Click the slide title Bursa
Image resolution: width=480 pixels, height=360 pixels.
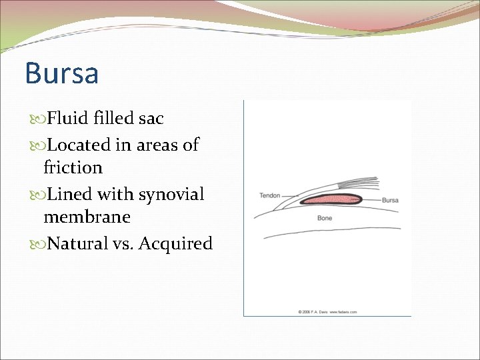tap(61, 73)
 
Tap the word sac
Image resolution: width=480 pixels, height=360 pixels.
tap(150, 119)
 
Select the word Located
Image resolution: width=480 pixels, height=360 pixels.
tap(81, 144)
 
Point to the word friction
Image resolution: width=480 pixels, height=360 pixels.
tap(73, 167)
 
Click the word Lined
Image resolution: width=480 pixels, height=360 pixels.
tap(69, 194)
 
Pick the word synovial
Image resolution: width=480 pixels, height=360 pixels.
tap(171, 194)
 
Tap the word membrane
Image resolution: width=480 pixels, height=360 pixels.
tap(87, 217)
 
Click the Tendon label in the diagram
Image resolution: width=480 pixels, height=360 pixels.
tap(269, 195)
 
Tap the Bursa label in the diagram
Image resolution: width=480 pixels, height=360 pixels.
tap(390, 199)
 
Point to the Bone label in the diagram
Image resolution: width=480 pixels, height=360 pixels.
tap(325, 218)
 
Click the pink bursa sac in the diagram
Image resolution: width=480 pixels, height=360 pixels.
tap(330, 200)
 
